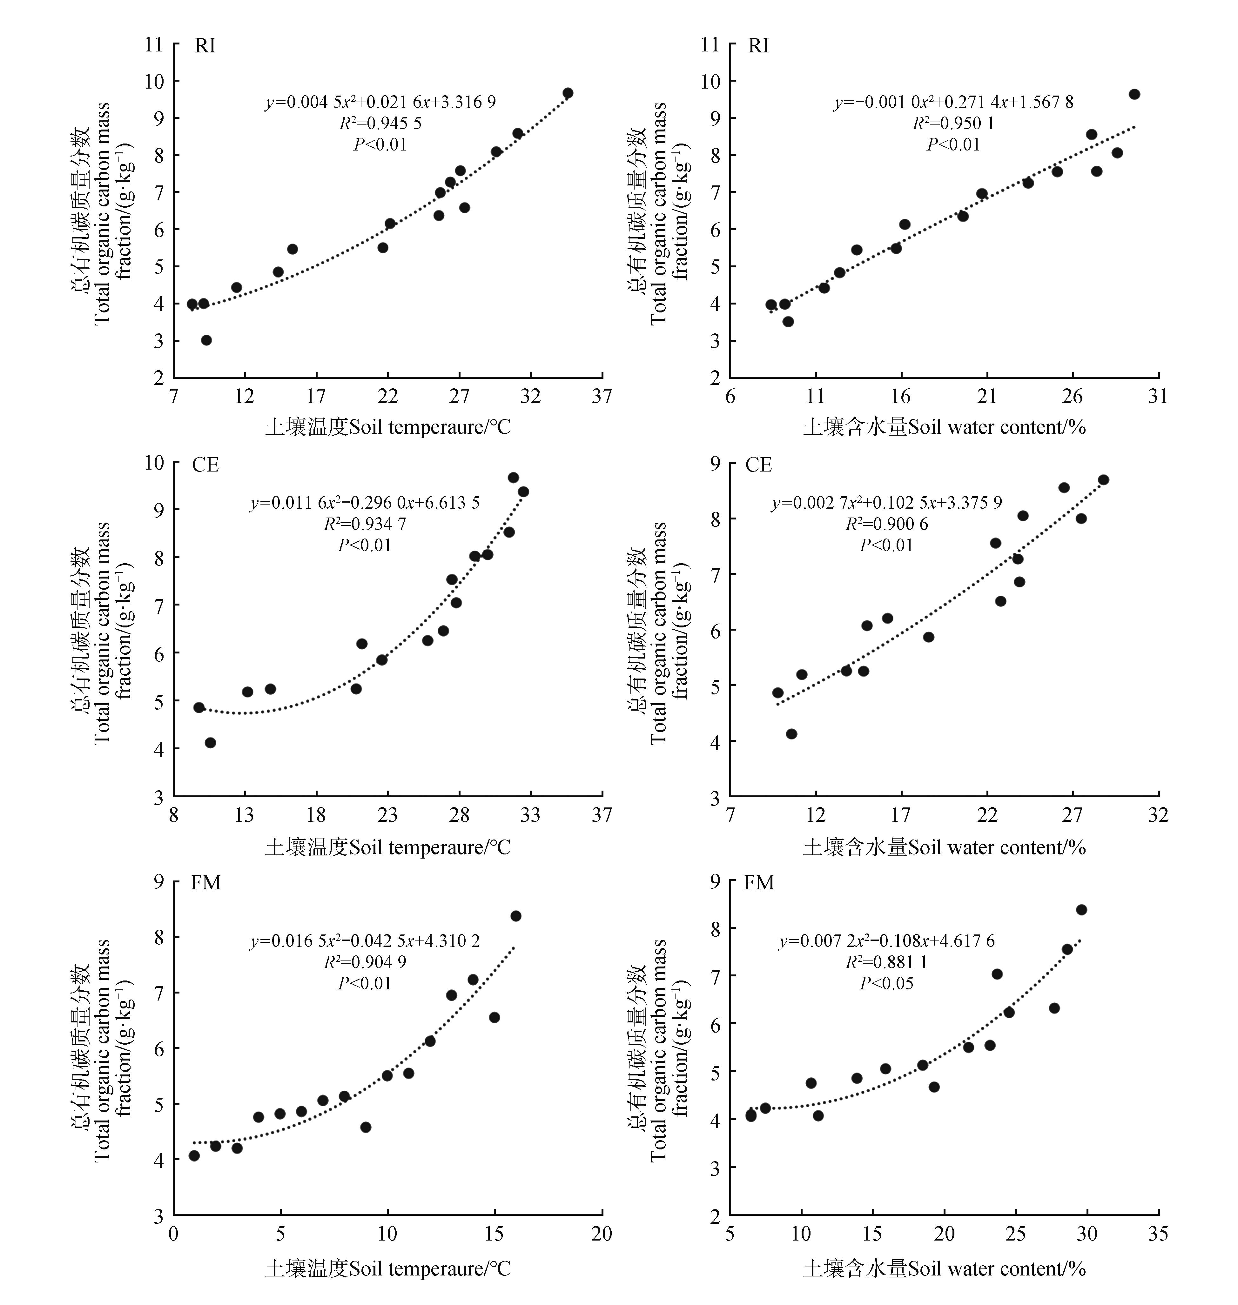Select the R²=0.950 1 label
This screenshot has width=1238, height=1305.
tap(953, 124)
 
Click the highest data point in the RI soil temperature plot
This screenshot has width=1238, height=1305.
tap(568, 93)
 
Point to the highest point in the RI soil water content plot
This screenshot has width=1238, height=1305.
tap(1134, 94)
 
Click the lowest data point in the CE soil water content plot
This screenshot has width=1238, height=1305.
tap(791, 734)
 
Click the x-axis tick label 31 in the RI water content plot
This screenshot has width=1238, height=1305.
tap(1158, 396)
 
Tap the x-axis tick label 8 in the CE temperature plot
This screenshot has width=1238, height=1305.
tap(173, 815)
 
